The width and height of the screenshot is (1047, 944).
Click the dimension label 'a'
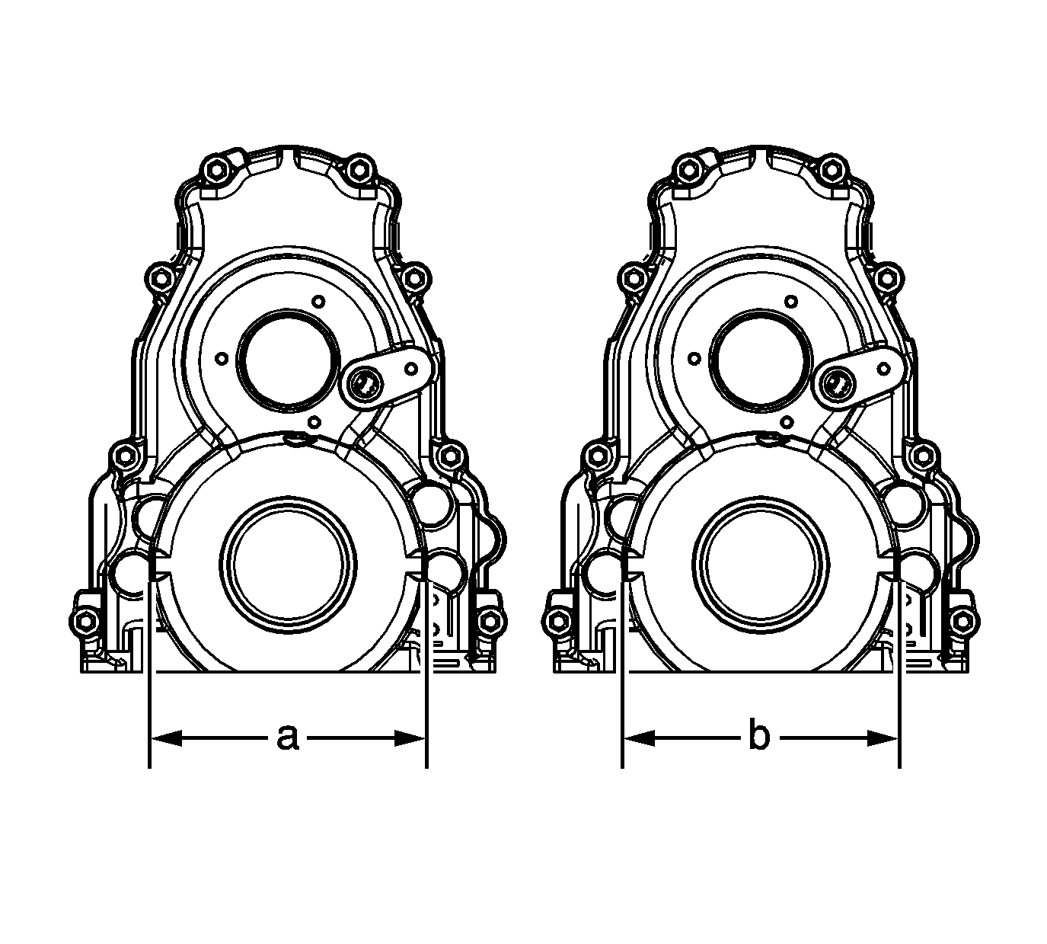pos(288,738)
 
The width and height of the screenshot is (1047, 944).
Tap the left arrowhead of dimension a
pos(166,738)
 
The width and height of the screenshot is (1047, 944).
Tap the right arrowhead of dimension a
pos(410,738)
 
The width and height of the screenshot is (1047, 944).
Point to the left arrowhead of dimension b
pos(639,738)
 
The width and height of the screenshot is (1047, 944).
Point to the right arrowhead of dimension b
pos(883,738)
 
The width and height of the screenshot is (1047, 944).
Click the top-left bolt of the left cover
pos(215,169)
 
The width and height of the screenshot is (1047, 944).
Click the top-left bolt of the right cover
pos(688,169)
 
